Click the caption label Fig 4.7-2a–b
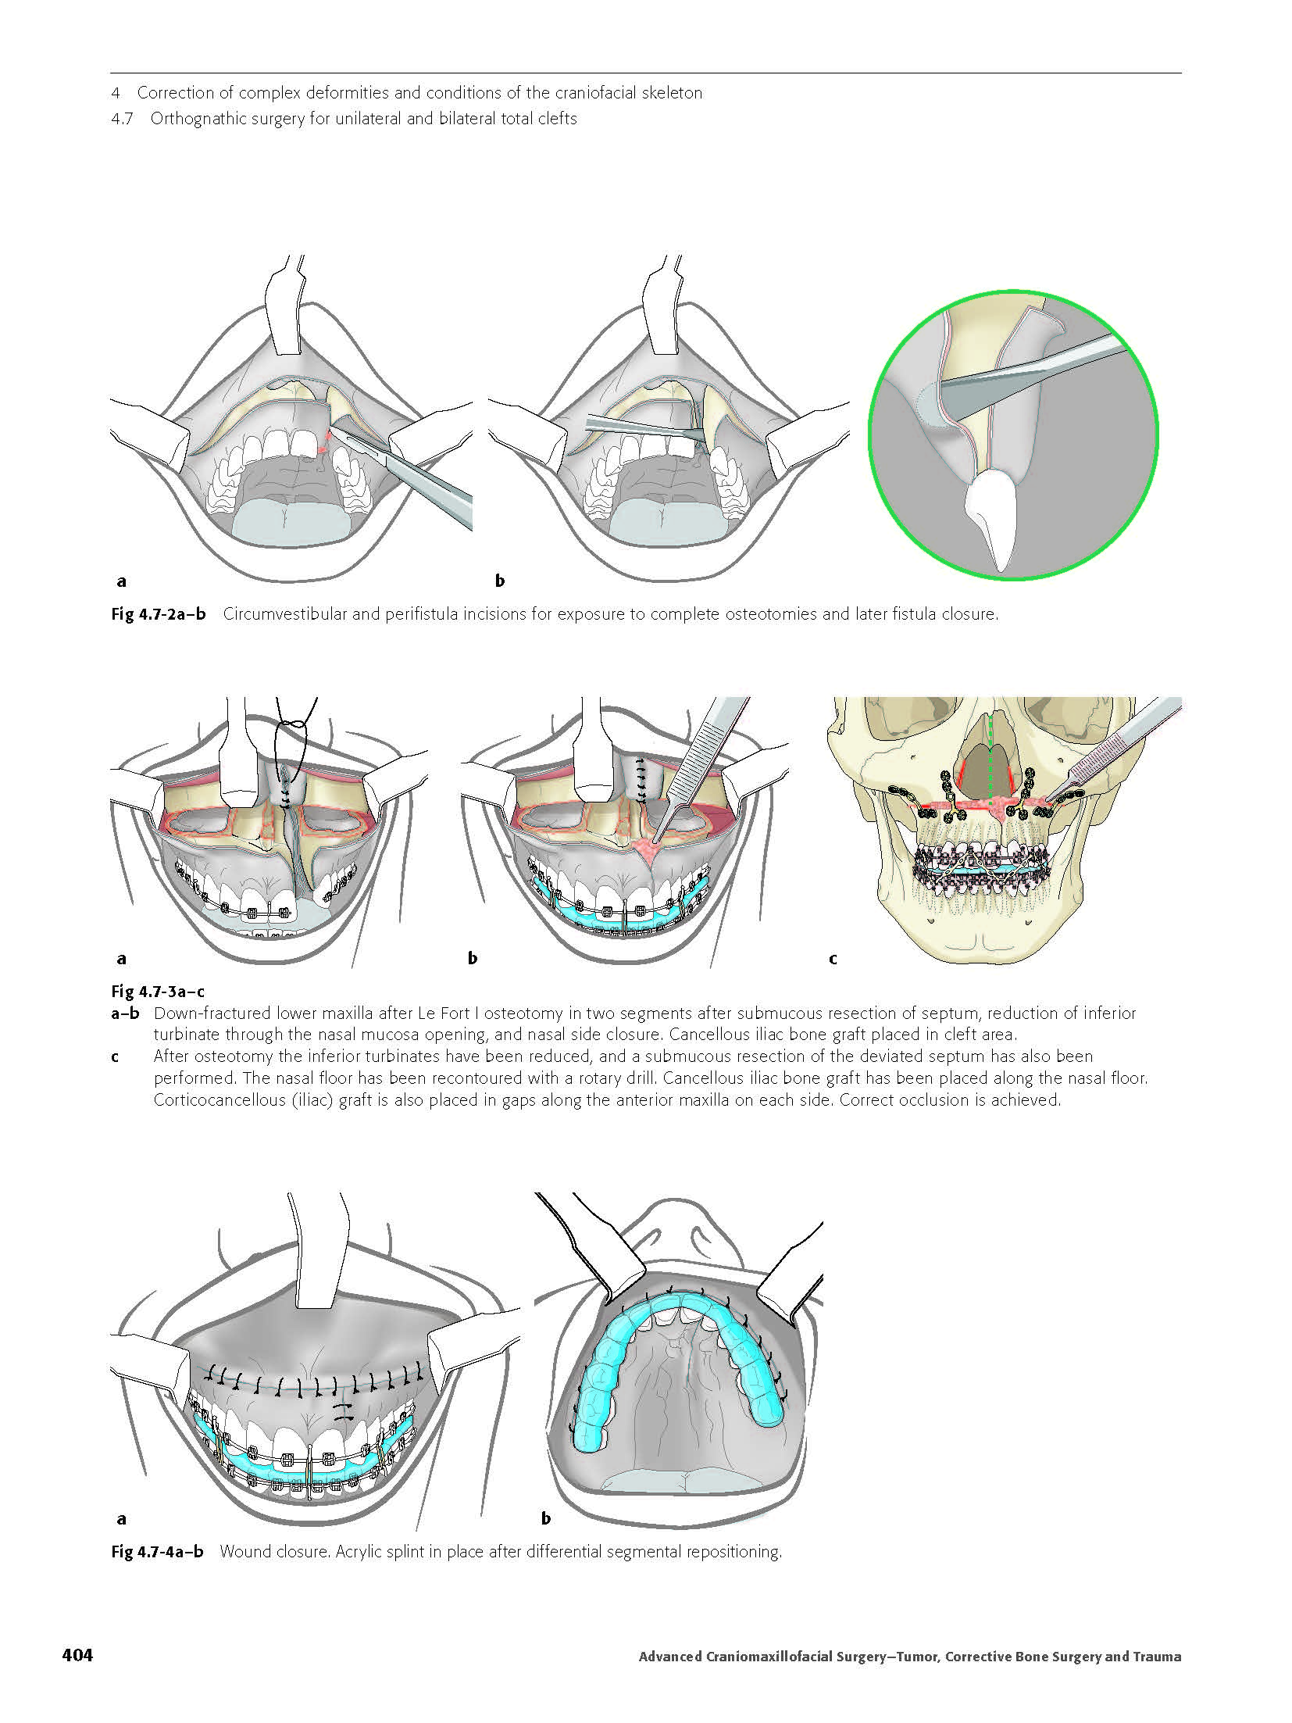[x=159, y=613]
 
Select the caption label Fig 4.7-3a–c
[x=158, y=992]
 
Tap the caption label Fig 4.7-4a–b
[x=157, y=1551]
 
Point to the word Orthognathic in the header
[x=198, y=119]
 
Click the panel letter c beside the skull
[x=833, y=958]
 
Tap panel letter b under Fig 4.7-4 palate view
[x=545, y=1518]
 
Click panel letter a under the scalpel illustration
[x=121, y=581]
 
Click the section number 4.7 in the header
[x=123, y=119]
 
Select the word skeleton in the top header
[x=669, y=93]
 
